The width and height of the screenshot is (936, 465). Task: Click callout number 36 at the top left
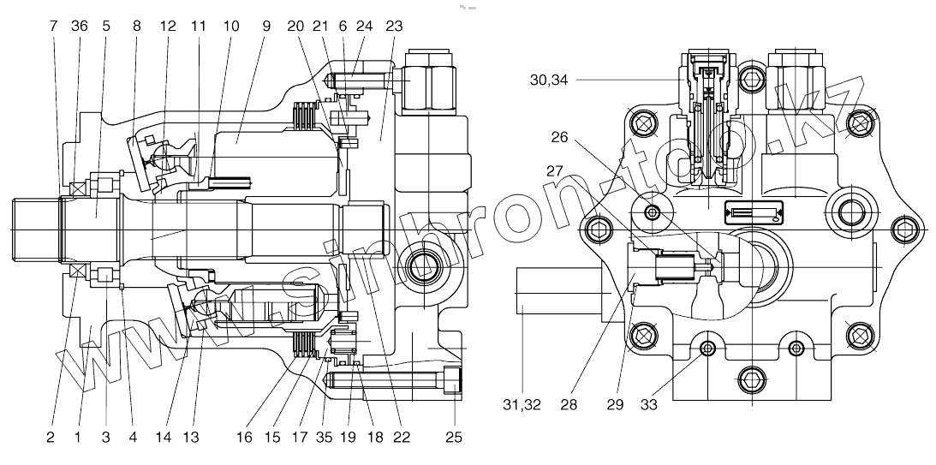point(79,26)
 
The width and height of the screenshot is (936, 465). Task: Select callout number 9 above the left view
point(266,26)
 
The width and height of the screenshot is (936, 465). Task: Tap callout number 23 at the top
point(394,26)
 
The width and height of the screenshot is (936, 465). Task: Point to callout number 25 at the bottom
point(453,438)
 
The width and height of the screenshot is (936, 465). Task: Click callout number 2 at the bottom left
point(51,438)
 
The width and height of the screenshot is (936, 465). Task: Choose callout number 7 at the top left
point(53,26)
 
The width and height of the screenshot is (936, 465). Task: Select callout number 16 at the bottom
point(245,438)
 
